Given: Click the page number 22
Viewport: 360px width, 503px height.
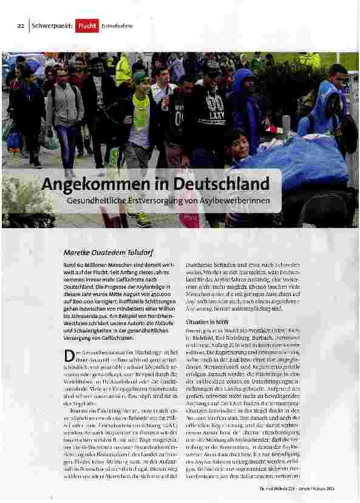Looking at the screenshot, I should pos(20,26).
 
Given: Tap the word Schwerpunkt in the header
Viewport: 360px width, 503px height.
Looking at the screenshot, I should pos(52,26).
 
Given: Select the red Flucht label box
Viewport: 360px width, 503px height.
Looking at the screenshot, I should pos(87,26).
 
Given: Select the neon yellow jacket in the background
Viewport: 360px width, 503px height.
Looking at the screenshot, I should pos(123,70).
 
